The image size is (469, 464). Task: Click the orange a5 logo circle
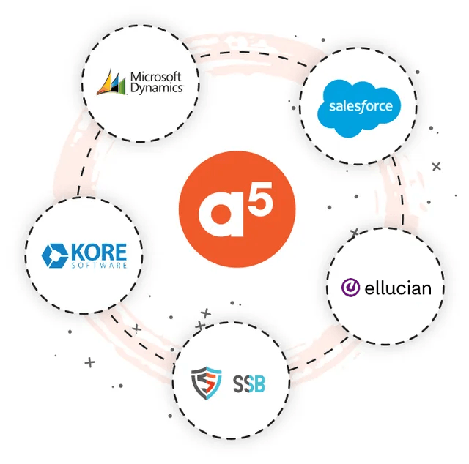click(x=237, y=209)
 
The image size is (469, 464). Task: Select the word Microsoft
click(x=156, y=77)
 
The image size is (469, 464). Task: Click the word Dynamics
click(x=157, y=88)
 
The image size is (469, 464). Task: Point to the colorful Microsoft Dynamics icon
click(x=111, y=82)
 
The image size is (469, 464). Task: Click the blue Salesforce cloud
click(x=359, y=108)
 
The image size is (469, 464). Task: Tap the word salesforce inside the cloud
click(x=361, y=106)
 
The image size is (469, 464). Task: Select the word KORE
click(x=99, y=252)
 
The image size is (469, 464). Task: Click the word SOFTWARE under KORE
click(x=100, y=266)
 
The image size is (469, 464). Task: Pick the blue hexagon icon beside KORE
click(x=54, y=255)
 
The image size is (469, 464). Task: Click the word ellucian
click(x=398, y=288)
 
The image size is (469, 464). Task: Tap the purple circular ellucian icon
click(x=350, y=288)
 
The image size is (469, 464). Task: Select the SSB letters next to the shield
click(x=249, y=384)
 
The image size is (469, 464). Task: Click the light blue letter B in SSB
click(x=259, y=384)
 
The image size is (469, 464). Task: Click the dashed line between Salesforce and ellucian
click(x=401, y=191)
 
